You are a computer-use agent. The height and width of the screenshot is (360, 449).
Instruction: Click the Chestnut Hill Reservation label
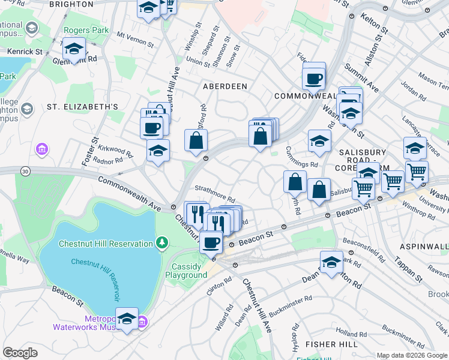coord(106,244)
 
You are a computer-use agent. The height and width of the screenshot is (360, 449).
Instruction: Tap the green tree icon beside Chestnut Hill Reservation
coord(161,242)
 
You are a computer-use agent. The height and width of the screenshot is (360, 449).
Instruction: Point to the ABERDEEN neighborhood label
coord(225,86)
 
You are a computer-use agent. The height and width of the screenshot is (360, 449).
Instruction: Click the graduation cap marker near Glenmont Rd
coord(74,49)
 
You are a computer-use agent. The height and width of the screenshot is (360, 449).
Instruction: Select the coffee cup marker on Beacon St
coord(211,242)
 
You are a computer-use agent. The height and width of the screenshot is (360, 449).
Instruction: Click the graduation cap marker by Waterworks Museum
coord(127,319)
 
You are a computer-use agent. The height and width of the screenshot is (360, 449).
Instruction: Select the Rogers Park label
coord(87,31)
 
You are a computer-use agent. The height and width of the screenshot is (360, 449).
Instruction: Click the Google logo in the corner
coord(20,352)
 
